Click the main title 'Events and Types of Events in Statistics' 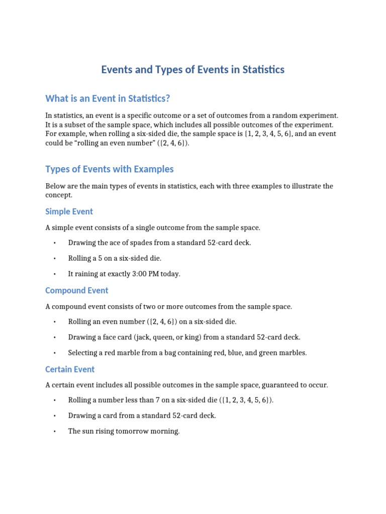click(x=193, y=70)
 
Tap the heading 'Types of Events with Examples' click(x=109, y=169)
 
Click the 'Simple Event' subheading click(x=69, y=211)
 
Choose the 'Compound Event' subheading click(x=76, y=290)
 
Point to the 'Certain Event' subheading click(x=70, y=369)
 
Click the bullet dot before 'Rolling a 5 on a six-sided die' click(x=54, y=259)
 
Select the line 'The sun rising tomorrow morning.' click(x=124, y=431)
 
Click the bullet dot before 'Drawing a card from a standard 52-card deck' click(x=54, y=416)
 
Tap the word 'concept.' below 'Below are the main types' click(x=59, y=195)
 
